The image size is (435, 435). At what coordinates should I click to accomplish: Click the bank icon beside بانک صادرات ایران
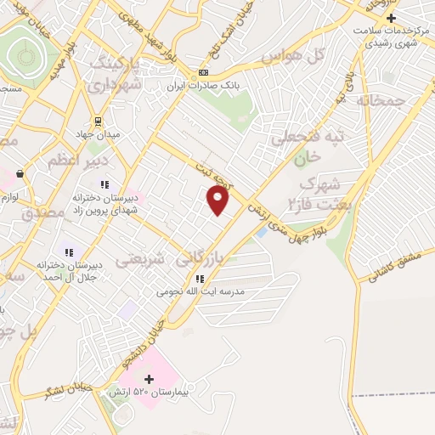202,72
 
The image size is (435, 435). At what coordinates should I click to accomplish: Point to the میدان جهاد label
96,133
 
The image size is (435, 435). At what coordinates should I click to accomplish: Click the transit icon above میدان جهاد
98,120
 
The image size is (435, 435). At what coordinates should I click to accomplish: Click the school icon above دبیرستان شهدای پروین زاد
105,184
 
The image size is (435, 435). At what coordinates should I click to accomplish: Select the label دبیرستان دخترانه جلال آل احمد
69,270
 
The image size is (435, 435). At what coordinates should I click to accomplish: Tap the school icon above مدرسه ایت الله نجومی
199,279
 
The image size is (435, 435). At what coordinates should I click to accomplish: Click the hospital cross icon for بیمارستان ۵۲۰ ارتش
150,379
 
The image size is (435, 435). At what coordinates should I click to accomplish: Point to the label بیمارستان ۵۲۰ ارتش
152,393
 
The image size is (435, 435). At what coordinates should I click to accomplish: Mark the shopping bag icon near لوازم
20,173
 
